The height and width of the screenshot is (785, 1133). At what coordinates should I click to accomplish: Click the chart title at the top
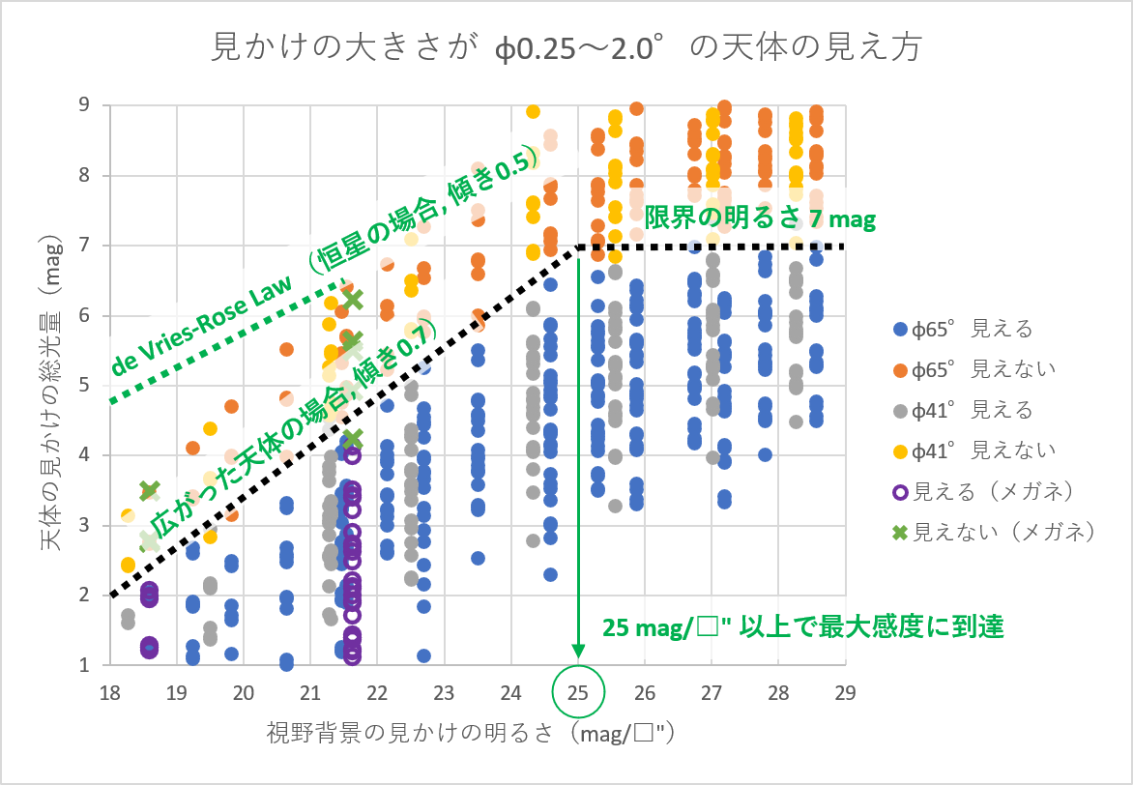point(566,46)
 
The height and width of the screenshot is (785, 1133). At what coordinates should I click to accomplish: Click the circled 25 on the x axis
point(578,693)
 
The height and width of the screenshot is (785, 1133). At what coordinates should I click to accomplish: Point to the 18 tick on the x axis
point(109,693)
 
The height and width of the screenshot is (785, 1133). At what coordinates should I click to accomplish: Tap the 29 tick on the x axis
point(845,693)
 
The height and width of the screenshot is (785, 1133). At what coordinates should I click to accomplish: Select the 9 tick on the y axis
point(85,105)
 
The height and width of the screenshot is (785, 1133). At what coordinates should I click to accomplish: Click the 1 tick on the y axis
point(85,665)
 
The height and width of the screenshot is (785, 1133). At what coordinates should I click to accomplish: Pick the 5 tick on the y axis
point(85,386)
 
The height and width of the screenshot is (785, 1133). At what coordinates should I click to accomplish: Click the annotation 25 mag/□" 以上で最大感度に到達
point(802,627)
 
